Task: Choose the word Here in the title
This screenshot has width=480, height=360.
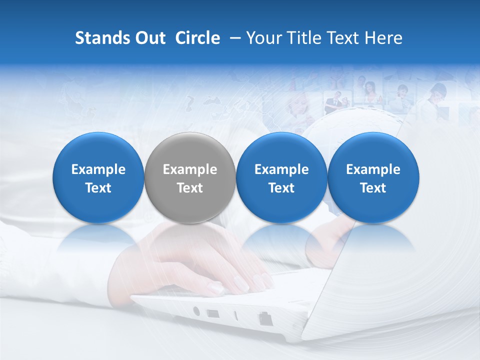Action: (384, 38)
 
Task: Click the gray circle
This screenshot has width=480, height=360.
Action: (190, 150)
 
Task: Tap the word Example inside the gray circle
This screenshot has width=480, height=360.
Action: (190, 169)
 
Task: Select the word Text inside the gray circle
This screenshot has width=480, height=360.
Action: (190, 188)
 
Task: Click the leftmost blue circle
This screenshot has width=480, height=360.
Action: (98, 150)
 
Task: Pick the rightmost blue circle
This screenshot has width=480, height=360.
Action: (373, 150)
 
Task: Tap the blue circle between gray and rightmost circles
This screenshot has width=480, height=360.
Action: (281, 150)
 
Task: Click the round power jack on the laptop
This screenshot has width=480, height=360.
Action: (196, 311)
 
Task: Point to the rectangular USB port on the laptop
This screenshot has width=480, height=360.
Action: (212, 313)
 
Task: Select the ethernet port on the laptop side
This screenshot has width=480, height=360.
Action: (264, 318)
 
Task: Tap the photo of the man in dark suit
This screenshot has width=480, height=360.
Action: (333, 102)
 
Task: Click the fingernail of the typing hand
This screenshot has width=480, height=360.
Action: (216, 288)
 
